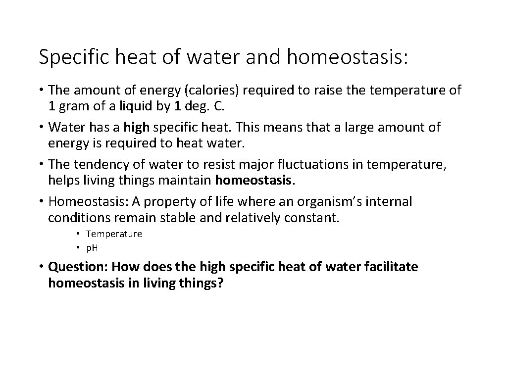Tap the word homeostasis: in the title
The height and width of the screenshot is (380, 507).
(x=347, y=57)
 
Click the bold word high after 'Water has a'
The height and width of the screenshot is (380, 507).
(x=137, y=127)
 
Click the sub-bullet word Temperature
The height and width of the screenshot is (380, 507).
(x=114, y=234)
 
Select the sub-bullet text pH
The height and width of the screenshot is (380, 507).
(x=92, y=247)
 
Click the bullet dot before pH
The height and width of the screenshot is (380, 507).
(x=78, y=247)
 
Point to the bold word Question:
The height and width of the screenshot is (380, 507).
(x=78, y=267)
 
